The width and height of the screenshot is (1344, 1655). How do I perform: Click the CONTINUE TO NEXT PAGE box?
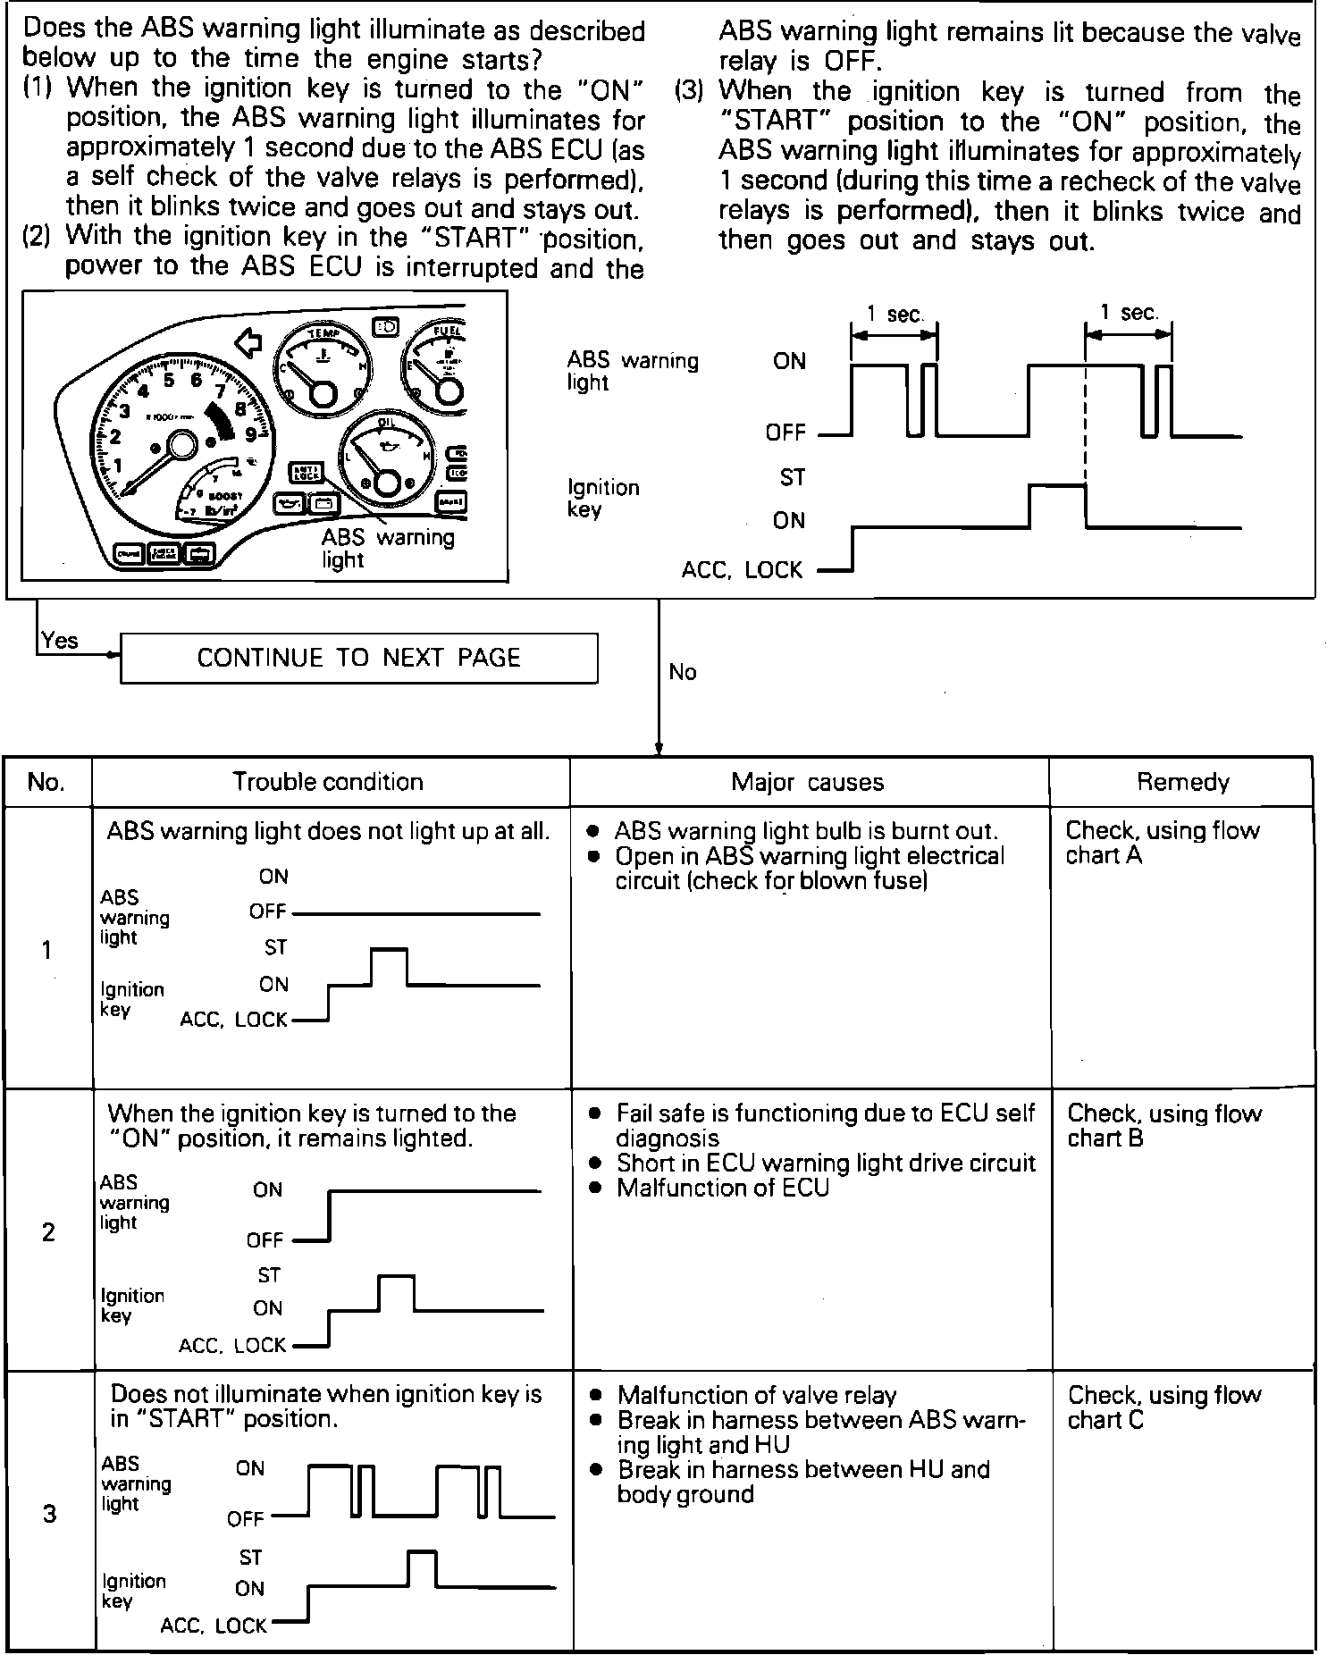point(358,658)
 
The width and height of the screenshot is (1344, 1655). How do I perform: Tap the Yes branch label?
point(60,641)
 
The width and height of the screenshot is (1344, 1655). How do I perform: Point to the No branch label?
point(682,672)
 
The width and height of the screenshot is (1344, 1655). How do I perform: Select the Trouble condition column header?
point(328,782)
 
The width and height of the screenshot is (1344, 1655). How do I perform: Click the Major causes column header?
point(807,783)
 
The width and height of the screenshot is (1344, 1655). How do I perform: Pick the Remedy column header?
point(1182,783)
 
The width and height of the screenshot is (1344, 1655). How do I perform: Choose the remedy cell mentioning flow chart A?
point(1162,843)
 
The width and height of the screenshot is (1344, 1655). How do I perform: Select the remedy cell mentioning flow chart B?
point(1163,1125)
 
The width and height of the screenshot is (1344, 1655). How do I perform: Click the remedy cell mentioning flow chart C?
point(1163,1407)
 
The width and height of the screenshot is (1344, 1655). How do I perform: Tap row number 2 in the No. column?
point(48,1232)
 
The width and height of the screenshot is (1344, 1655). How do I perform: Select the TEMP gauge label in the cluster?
point(321,334)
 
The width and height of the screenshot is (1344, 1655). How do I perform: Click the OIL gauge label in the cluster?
point(387,423)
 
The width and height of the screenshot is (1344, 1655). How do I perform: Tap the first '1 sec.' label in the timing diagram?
point(894,314)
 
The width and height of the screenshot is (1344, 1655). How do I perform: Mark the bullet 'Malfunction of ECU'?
point(722,1188)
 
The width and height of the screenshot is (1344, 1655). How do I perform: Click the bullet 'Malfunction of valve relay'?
point(756,1395)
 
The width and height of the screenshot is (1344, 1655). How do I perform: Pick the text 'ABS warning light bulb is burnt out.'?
point(805,831)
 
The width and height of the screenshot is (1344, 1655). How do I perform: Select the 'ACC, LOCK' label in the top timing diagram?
point(742,569)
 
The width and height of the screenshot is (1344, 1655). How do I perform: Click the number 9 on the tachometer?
point(251,435)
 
